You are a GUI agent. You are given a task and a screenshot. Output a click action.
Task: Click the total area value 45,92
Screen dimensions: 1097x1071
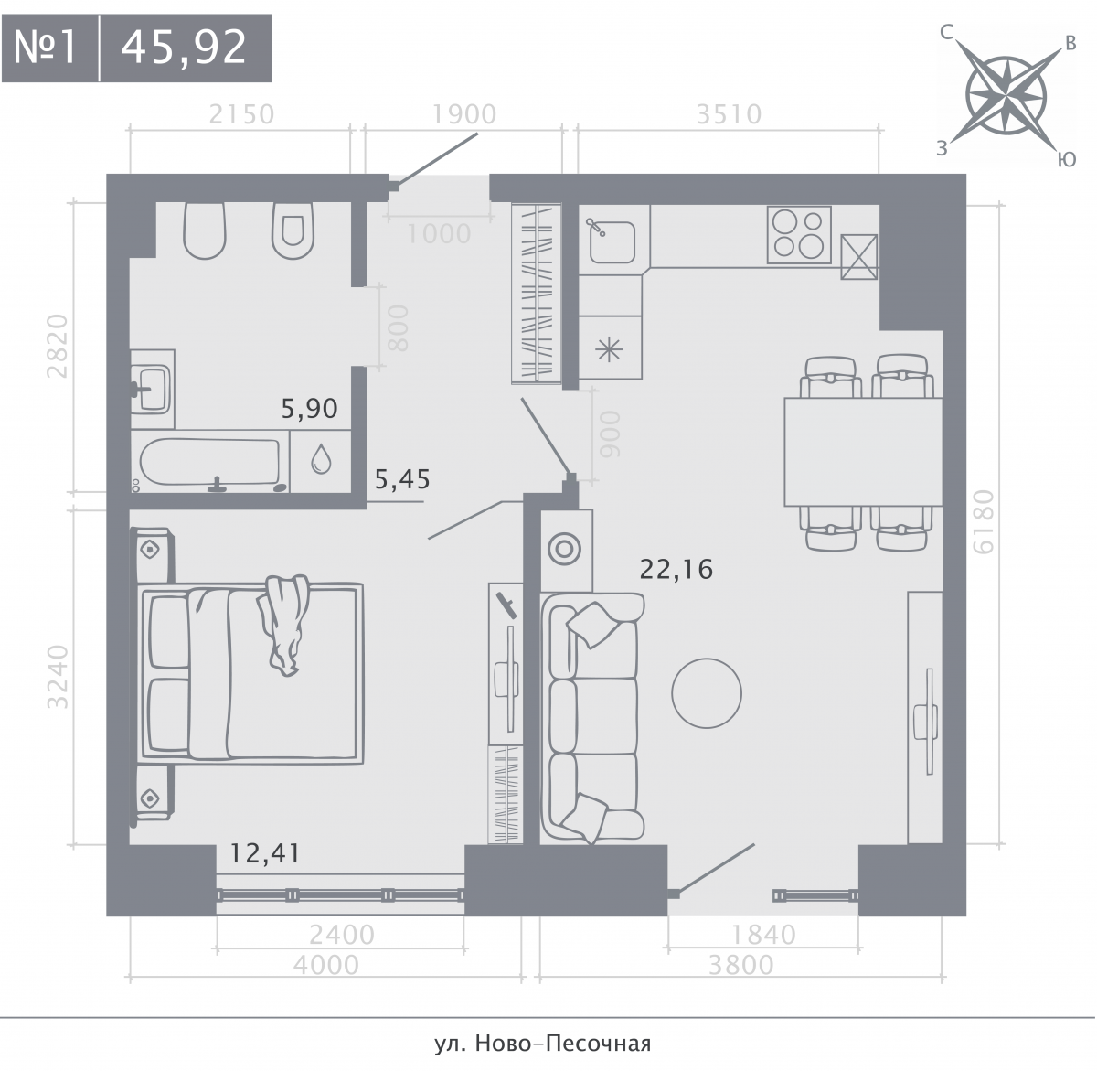tap(184, 48)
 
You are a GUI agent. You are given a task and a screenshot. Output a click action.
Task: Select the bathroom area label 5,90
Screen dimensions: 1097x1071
tap(310, 408)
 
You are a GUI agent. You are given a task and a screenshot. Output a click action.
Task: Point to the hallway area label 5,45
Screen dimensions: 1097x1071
tap(402, 479)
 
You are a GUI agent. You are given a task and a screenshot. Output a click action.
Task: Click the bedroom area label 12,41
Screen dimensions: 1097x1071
tap(265, 853)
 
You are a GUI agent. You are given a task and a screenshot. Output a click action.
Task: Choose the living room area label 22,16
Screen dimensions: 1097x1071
tap(676, 569)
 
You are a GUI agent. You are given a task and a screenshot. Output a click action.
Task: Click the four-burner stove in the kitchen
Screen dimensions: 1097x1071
tap(799, 235)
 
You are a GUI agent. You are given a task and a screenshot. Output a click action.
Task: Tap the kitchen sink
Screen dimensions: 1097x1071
tap(612, 241)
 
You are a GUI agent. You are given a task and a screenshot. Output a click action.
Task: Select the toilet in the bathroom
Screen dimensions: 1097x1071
tap(293, 230)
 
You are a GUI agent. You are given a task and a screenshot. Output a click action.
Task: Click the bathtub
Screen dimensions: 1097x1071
tap(211, 463)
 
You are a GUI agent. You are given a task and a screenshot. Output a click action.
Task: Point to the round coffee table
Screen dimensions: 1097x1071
tap(707, 693)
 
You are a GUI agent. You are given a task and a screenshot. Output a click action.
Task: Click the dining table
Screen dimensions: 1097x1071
tap(863, 451)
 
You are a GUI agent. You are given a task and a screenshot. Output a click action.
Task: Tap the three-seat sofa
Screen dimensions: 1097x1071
tap(591, 718)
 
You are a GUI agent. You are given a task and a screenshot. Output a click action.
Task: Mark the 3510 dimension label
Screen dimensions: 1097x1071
tap(729, 114)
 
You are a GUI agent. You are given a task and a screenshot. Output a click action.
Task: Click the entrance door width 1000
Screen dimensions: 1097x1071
tap(439, 233)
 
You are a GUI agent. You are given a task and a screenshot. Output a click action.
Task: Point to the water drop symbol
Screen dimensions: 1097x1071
tap(321, 459)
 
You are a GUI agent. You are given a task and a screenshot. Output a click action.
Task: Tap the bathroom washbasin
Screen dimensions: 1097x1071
tap(152, 389)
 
